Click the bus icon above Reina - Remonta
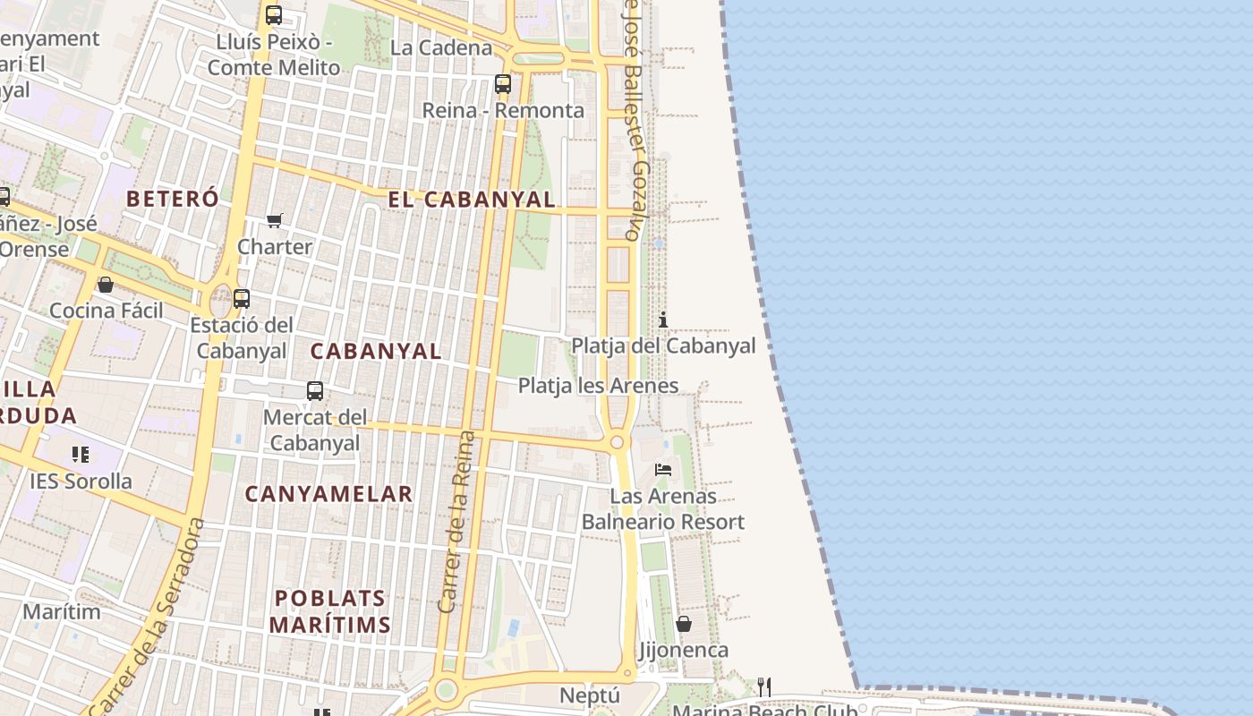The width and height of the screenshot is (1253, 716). (503, 84)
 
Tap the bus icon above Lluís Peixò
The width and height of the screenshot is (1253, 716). (274, 15)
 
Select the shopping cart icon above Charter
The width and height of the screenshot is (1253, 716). (275, 220)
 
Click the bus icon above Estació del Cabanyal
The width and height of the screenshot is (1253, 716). (242, 299)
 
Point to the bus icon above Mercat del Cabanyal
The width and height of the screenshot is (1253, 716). (315, 391)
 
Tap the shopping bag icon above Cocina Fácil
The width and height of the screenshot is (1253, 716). (106, 285)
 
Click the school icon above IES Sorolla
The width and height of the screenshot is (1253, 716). (81, 455)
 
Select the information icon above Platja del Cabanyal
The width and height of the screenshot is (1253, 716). (663, 320)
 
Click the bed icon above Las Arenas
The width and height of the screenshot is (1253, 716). (663, 469)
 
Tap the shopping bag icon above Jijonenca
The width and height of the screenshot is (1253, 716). (684, 624)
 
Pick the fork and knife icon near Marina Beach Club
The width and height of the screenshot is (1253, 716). (764, 686)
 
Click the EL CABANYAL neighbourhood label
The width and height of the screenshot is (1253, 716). (472, 200)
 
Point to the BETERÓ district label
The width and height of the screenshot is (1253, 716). (173, 199)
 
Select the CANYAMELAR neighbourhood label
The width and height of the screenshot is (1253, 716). (328, 493)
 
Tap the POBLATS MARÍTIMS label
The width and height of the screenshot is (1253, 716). (330, 611)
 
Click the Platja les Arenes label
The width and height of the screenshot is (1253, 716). (598, 386)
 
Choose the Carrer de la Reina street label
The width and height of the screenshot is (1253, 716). (456, 522)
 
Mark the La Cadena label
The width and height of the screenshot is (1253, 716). (441, 47)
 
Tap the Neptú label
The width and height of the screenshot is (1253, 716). (590, 695)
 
